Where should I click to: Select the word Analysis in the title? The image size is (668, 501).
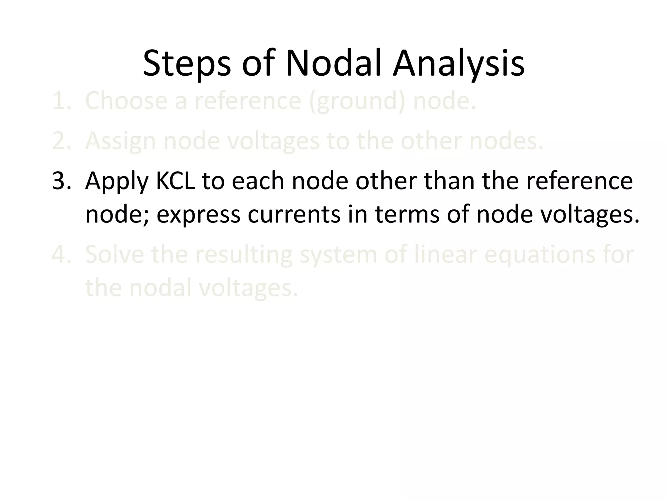point(459,64)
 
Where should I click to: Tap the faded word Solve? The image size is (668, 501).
point(114,255)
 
